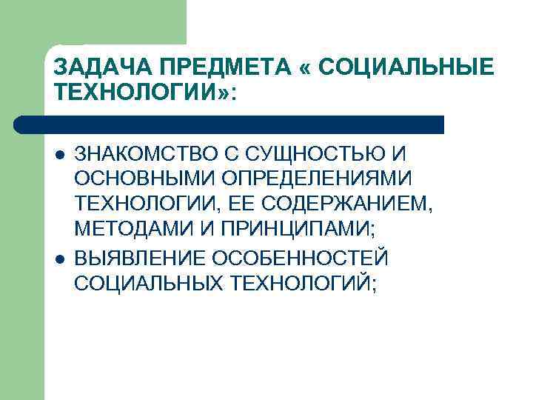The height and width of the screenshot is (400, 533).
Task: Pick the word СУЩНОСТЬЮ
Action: tap(321, 154)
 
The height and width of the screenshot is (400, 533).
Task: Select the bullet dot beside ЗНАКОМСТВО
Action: tap(59, 155)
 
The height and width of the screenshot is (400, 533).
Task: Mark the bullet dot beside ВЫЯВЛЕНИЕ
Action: tap(59, 259)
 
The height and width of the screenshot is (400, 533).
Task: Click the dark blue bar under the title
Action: tap(229, 124)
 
